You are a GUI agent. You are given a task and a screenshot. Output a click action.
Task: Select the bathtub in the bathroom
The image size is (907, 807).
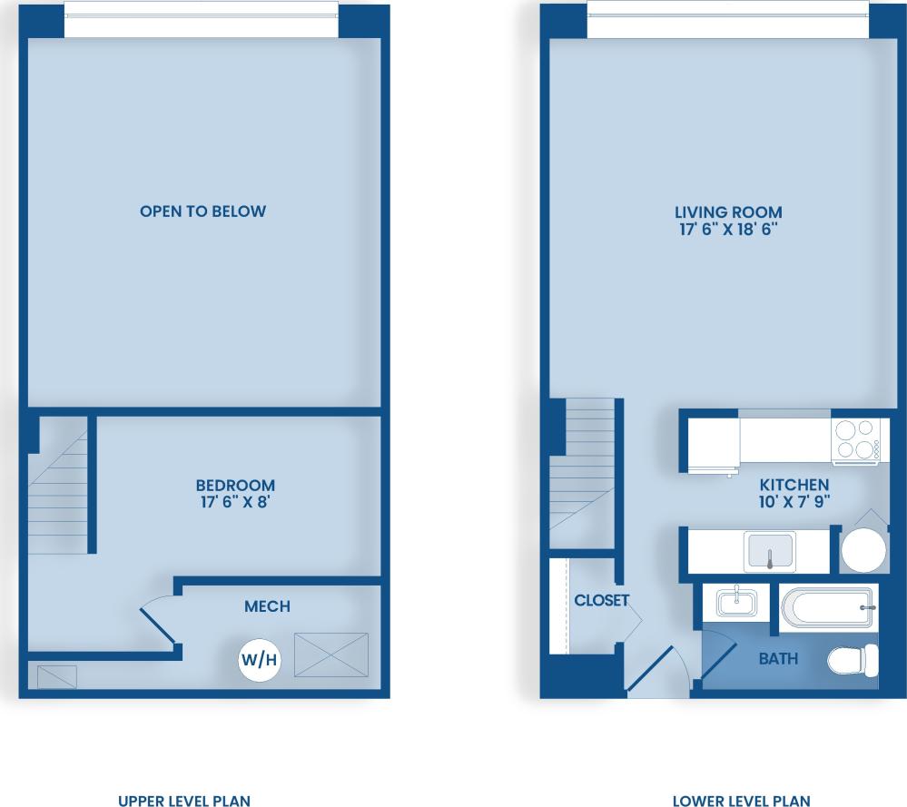[x=827, y=607]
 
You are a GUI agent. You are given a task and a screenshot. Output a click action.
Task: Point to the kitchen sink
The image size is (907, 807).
[x=769, y=552]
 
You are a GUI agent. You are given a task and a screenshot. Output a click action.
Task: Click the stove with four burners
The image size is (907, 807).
[x=856, y=440]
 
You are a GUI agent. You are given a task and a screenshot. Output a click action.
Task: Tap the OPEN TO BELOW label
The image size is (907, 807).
[x=202, y=212]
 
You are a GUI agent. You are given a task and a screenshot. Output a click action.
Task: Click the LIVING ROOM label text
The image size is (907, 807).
[x=728, y=212]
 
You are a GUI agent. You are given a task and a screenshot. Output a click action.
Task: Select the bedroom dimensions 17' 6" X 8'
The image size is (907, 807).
[x=235, y=502]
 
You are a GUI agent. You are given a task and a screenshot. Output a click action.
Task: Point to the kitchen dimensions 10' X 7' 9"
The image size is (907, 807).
[x=794, y=502]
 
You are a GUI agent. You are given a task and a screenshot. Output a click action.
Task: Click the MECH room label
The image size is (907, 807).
[x=267, y=605]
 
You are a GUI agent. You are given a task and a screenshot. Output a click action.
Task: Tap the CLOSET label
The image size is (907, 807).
[x=601, y=600]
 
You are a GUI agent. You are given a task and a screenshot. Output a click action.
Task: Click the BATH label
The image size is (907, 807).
[x=778, y=658]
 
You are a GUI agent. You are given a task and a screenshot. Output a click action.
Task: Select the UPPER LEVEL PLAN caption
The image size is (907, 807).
[x=184, y=801]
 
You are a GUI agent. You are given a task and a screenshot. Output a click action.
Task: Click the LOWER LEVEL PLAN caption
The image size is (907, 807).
[x=741, y=801]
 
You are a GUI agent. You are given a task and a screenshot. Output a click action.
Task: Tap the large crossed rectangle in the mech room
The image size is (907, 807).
[x=331, y=654]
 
